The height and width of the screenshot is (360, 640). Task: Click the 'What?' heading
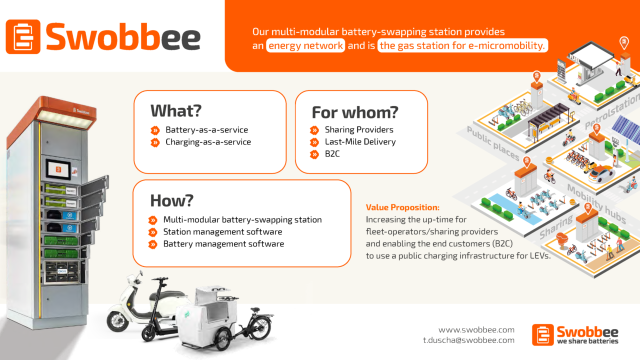(x=176, y=111)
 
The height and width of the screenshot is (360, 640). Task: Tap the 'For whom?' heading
(x=355, y=112)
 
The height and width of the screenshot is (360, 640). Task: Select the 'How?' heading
(x=171, y=200)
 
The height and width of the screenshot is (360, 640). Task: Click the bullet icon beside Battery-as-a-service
(x=155, y=130)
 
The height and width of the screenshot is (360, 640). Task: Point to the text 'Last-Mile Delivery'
(x=360, y=141)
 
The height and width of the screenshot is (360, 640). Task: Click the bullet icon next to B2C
(x=314, y=154)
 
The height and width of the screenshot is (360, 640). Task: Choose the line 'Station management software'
(x=222, y=231)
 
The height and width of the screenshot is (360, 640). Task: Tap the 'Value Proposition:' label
(x=402, y=207)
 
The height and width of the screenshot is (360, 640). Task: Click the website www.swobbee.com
(x=476, y=329)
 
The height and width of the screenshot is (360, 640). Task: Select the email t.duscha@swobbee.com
(x=468, y=340)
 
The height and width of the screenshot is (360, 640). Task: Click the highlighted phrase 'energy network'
(x=305, y=45)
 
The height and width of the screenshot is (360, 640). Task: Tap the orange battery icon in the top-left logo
(x=23, y=36)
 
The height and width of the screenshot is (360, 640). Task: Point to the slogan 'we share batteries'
(x=587, y=341)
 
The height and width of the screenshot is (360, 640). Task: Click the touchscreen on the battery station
(x=58, y=169)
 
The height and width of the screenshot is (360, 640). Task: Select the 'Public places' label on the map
(x=493, y=143)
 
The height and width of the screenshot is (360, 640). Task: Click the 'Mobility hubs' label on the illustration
(x=596, y=203)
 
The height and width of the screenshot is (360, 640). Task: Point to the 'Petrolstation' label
(x=612, y=111)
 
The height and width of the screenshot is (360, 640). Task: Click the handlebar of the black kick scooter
(x=159, y=278)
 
